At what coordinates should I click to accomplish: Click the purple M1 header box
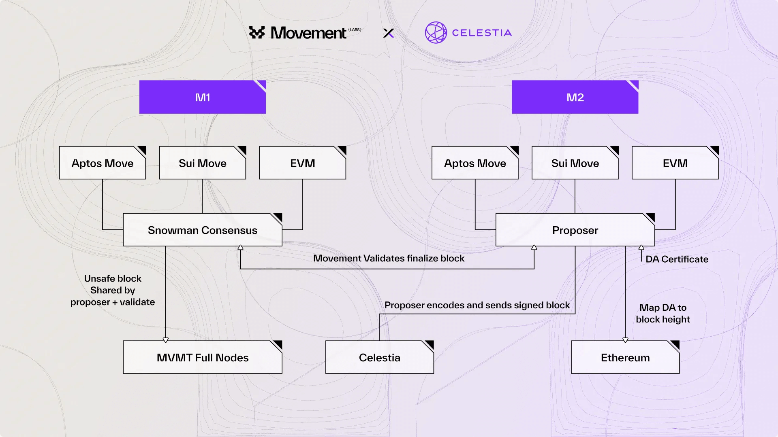(x=202, y=97)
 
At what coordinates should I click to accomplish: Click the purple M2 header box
(x=575, y=97)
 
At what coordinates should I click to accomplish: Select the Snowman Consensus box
(x=202, y=230)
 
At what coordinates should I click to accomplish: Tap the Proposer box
(x=575, y=230)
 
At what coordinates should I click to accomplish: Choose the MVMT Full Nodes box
(x=202, y=357)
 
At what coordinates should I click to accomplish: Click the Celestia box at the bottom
(x=379, y=357)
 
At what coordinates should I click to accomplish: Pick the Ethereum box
(x=625, y=357)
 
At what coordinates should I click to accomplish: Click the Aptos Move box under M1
(x=102, y=163)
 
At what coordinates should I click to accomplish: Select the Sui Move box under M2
(x=575, y=163)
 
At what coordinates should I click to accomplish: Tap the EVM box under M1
(x=302, y=163)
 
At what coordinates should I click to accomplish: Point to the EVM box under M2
(x=675, y=163)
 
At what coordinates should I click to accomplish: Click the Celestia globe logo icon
(x=436, y=32)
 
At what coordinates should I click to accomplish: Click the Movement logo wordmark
(x=308, y=33)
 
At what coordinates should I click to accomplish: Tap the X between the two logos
(x=389, y=33)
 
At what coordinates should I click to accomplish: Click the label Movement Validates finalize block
(x=389, y=258)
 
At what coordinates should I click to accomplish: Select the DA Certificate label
(x=677, y=259)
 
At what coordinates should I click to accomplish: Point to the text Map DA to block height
(x=663, y=313)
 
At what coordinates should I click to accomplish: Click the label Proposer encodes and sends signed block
(x=477, y=305)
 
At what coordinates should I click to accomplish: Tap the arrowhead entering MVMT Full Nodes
(x=165, y=340)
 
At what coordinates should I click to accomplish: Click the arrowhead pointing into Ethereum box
(x=625, y=340)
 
